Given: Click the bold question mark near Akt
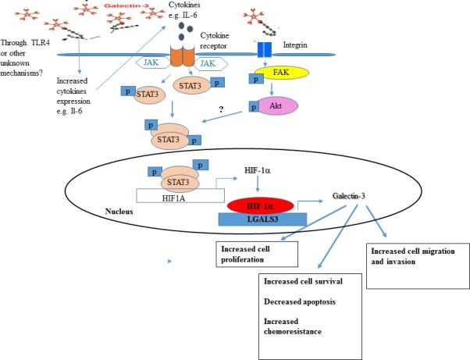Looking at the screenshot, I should (221, 110).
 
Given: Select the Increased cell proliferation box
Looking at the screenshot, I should (257, 254).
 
